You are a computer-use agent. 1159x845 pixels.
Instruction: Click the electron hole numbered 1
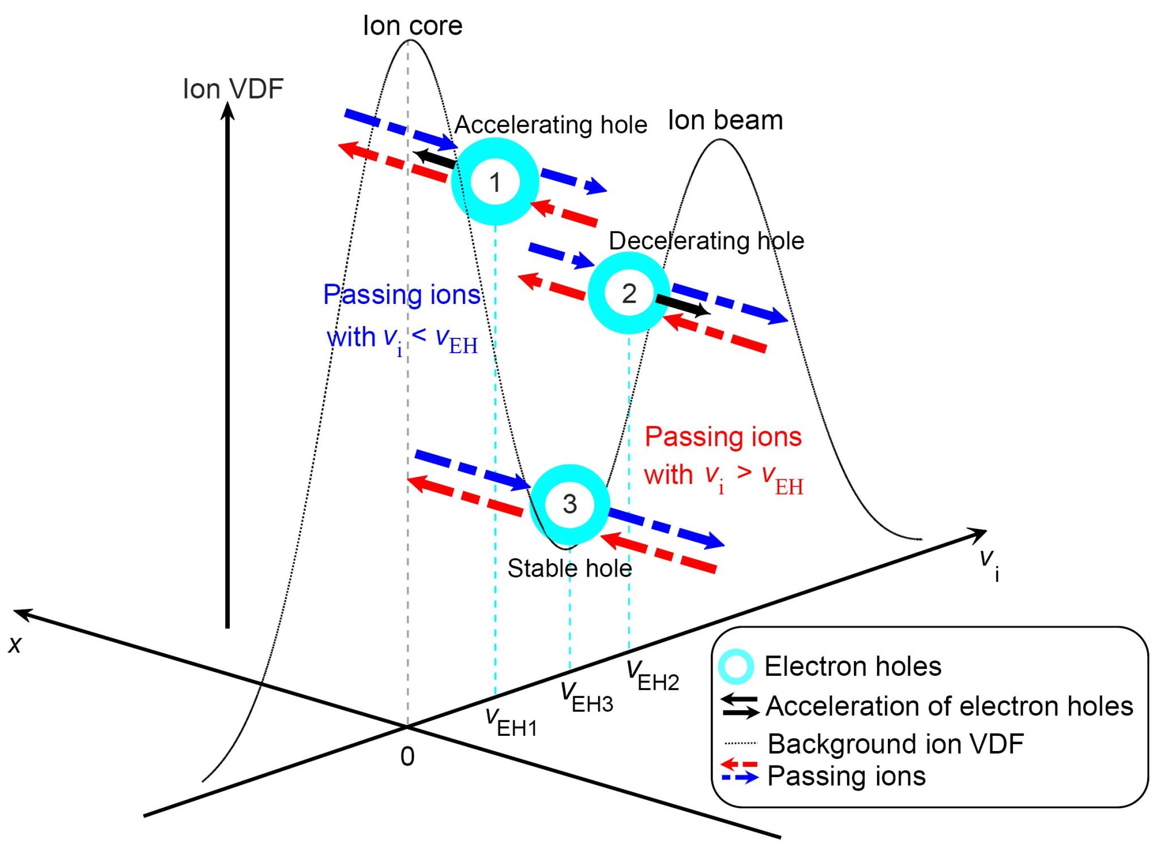click(495, 182)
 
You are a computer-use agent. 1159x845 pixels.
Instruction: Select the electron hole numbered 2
click(629, 293)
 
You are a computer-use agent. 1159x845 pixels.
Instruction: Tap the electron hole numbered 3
click(569, 504)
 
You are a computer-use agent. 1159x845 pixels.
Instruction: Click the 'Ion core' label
click(413, 26)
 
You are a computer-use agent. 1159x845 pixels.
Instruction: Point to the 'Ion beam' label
click(726, 121)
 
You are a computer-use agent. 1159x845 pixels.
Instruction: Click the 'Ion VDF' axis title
click(233, 89)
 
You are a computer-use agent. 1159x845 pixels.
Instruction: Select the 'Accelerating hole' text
click(551, 125)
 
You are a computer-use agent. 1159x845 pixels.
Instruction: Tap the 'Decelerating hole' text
click(706, 241)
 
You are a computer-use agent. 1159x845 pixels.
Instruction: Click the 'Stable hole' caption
click(569, 568)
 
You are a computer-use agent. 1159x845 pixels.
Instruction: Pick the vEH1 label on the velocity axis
click(512, 722)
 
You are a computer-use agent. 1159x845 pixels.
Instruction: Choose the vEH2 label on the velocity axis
click(653, 676)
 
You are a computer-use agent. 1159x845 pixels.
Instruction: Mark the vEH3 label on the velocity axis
click(586, 697)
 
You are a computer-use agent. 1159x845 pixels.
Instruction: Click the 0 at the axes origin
click(407, 757)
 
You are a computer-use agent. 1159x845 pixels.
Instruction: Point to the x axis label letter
click(15, 645)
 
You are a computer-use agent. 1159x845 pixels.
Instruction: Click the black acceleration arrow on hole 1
click(435, 158)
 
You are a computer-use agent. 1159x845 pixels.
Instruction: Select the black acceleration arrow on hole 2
click(682, 305)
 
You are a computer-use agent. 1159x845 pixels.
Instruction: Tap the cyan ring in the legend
click(736, 666)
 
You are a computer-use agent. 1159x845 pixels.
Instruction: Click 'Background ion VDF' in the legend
click(895, 744)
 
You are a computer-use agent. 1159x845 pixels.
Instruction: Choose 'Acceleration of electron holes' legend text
click(949, 706)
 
